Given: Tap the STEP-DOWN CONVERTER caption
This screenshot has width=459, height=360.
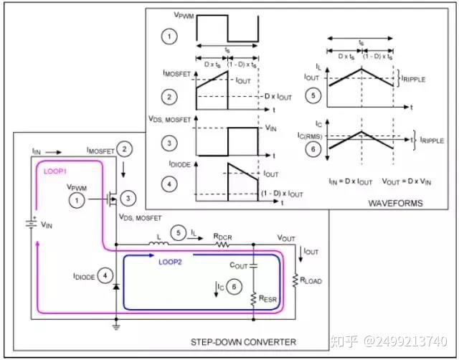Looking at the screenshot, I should click(252, 339).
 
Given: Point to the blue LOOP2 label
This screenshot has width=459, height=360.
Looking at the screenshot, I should click(171, 262).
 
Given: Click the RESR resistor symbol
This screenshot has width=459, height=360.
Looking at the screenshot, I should click(253, 296).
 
